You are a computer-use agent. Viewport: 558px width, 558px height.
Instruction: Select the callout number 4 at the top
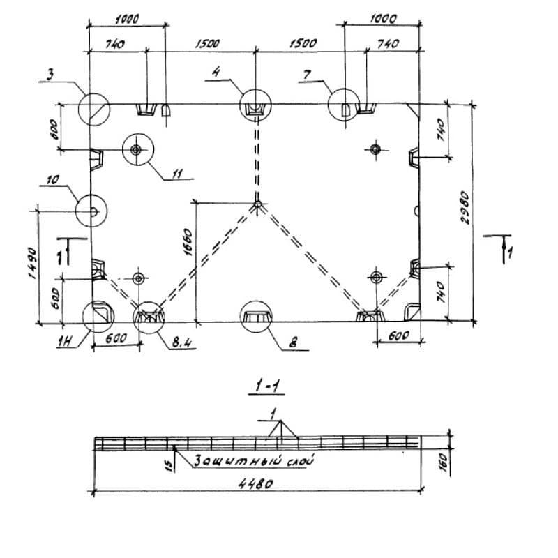[x=216, y=71]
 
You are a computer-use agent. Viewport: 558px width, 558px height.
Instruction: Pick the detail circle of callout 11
[x=136, y=149]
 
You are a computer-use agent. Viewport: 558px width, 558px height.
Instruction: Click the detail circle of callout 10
[x=91, y=210]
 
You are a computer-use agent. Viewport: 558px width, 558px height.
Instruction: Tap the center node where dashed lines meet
[x=257, y=204]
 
